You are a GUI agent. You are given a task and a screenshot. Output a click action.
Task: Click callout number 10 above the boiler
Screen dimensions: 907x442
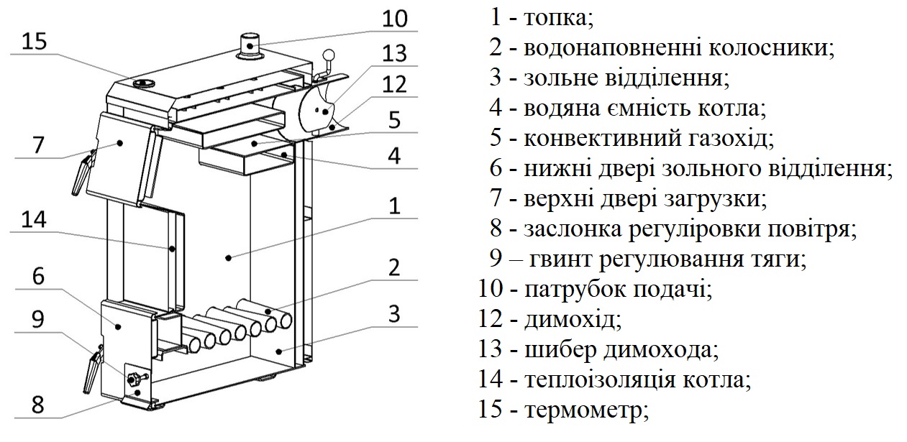395,19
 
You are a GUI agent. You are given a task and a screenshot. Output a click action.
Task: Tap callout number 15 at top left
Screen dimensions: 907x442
35,42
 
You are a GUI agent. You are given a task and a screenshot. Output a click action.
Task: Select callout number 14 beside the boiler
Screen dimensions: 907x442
34,220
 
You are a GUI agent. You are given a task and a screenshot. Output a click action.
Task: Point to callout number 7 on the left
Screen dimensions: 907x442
38,145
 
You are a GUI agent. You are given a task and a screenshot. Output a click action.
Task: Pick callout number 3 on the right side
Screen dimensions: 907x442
394,313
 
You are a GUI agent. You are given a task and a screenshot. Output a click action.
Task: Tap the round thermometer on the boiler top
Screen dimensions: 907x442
144,83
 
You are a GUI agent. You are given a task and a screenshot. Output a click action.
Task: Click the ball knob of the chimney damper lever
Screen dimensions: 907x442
329,55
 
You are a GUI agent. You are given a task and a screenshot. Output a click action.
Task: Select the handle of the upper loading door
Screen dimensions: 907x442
84,174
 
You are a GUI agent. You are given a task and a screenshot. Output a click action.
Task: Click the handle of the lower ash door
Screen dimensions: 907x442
93,369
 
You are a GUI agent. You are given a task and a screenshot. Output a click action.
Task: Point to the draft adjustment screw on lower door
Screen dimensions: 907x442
133,379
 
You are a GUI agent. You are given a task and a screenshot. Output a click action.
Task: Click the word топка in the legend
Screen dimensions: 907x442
559,18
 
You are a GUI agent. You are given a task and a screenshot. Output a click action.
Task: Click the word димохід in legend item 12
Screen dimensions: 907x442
573,320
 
